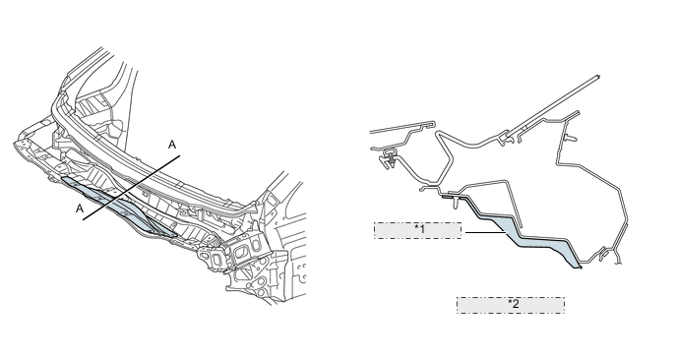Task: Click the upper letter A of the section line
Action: tap(172, 145)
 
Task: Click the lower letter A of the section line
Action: tap(80, 209)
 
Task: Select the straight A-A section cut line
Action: tap(131, 188)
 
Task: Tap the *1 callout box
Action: tap(417, 230)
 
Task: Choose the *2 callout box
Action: tap(511, 305)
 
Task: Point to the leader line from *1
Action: tap(486, 233)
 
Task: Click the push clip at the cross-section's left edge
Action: tap(387, 158)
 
